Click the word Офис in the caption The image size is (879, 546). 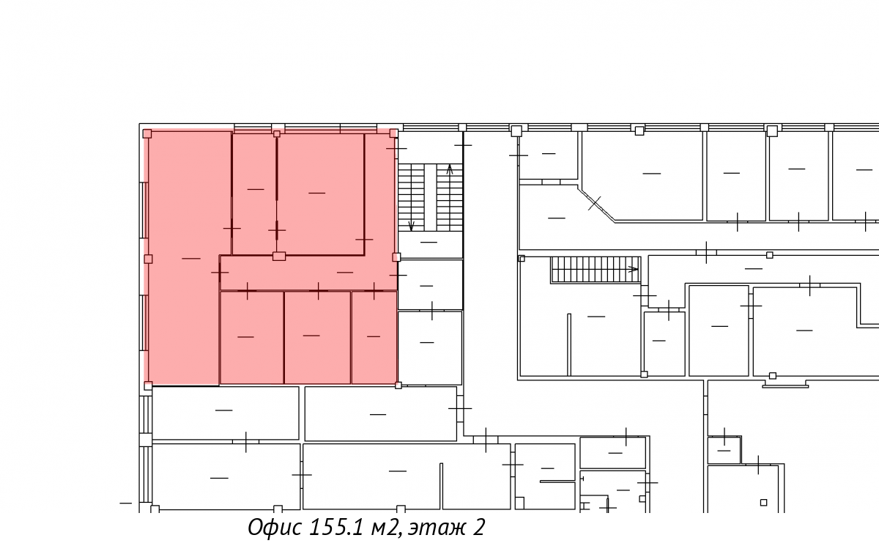(x=275, y=527)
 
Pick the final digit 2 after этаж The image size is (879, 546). (x=479, y=527)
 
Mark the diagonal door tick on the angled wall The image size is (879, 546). (x=595, y=203)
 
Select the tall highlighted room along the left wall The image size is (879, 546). (x=185, y=258)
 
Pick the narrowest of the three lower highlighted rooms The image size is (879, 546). (x=374, y=337)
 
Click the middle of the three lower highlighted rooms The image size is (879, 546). (x=317, y=337)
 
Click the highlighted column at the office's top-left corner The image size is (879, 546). (x=147, y=134)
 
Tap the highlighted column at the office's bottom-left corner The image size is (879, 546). (x=148, y=385)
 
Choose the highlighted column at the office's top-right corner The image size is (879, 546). (x=393, y=133)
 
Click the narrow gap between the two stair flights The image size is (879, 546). (x=431, y=197)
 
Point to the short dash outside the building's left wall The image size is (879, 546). (x=125, y=503)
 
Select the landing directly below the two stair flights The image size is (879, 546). (x=431, y=245)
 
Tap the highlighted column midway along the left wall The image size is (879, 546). (x=148, y=259)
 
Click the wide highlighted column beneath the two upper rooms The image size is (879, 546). (x=279, y=257)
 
